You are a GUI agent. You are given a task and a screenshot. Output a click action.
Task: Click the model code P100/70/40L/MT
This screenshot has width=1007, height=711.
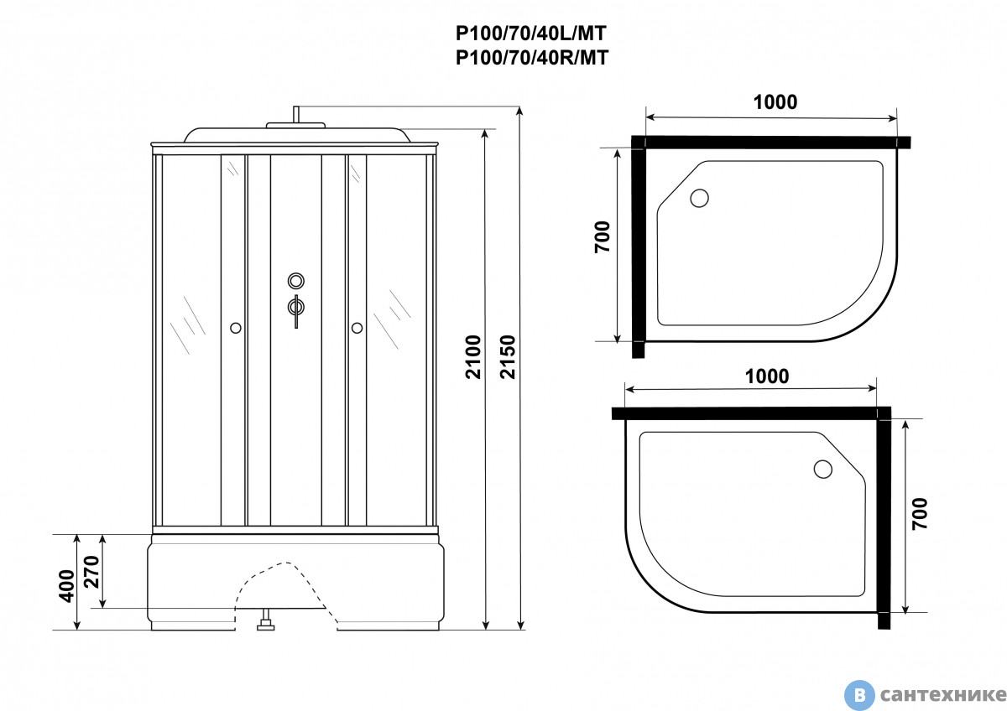click(x=531, y=34)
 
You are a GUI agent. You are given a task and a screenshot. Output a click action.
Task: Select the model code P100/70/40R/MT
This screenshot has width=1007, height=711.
click(x=532, y=58)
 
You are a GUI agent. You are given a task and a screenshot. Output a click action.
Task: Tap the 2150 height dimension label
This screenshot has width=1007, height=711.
click(x=508, y=357)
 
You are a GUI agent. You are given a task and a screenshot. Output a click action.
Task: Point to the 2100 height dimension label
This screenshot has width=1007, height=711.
click(x=473, y=357)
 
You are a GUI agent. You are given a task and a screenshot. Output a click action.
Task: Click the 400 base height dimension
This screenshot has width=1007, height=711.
click(x=66, y=586)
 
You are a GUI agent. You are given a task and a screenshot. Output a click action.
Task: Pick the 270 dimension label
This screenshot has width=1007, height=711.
click(x=91, y=572)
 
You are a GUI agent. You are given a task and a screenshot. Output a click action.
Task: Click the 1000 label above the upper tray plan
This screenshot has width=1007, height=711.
click(x=775, y=102)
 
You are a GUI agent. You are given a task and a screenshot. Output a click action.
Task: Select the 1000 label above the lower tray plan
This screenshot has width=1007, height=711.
click(x=766, y=376)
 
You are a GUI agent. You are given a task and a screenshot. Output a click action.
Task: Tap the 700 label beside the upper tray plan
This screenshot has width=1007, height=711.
click(x=603, y=236)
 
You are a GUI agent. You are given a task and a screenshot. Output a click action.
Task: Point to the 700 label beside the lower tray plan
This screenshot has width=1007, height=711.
click(x=920, y=513)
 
